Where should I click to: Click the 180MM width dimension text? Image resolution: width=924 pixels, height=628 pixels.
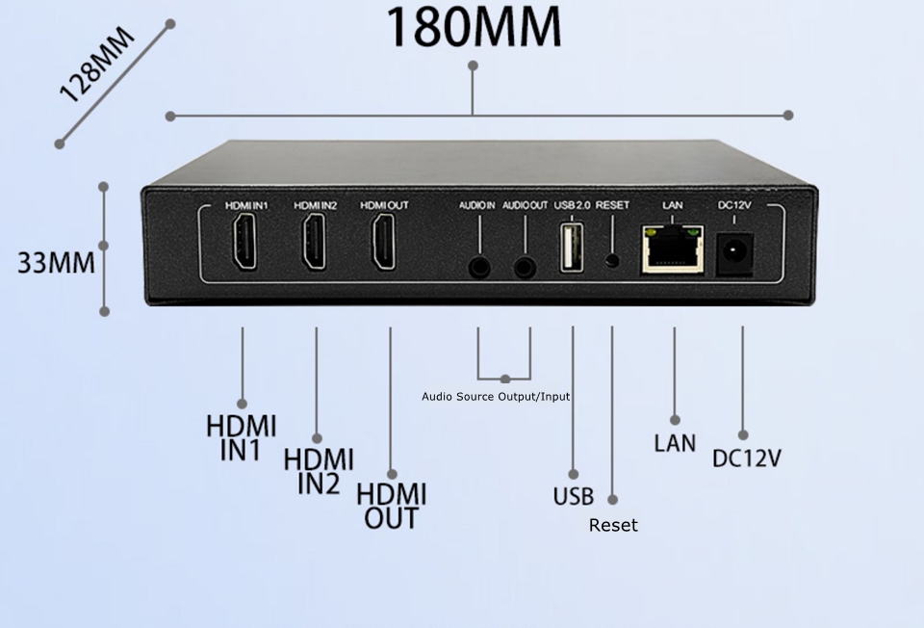474,28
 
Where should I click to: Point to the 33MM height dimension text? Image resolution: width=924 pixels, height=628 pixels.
56,262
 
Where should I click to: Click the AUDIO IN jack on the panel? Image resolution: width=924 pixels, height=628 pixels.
477,267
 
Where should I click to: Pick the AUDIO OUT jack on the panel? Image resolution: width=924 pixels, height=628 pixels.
525,267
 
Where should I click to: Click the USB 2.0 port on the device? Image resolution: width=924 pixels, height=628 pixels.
571,249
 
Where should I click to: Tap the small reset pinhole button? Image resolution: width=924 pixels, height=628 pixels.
611,260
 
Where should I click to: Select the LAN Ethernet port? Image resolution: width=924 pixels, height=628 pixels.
672,250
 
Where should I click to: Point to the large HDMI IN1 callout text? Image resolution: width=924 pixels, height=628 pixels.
241,438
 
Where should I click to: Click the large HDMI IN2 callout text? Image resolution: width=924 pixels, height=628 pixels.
318,472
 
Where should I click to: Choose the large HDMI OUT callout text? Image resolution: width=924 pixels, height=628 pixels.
391,507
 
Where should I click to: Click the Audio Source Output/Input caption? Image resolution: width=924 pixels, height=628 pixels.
496,397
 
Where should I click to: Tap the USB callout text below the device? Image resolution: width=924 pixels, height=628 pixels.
574,497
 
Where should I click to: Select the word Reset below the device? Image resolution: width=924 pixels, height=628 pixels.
613,525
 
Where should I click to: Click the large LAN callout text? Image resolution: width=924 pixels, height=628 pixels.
674,443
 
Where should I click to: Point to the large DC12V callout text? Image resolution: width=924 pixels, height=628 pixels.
746,458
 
